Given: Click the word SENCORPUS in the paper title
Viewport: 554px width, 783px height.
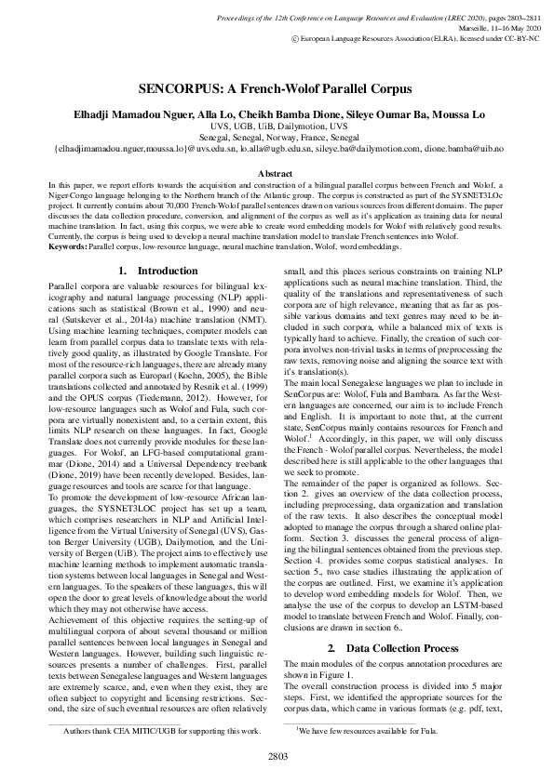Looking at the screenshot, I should [x=187, y=91].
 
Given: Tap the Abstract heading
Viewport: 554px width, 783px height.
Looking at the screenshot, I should [x=277, y=174].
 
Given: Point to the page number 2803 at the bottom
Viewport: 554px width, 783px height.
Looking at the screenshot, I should [x=277, y=758].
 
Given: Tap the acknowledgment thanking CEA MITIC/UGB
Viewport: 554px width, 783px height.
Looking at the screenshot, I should [x=160, y=732].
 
